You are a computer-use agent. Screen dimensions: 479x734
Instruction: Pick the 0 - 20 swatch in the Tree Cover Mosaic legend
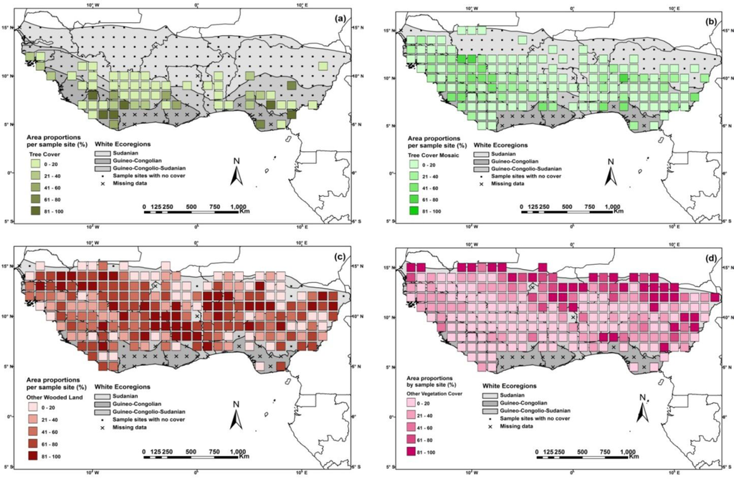414,165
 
